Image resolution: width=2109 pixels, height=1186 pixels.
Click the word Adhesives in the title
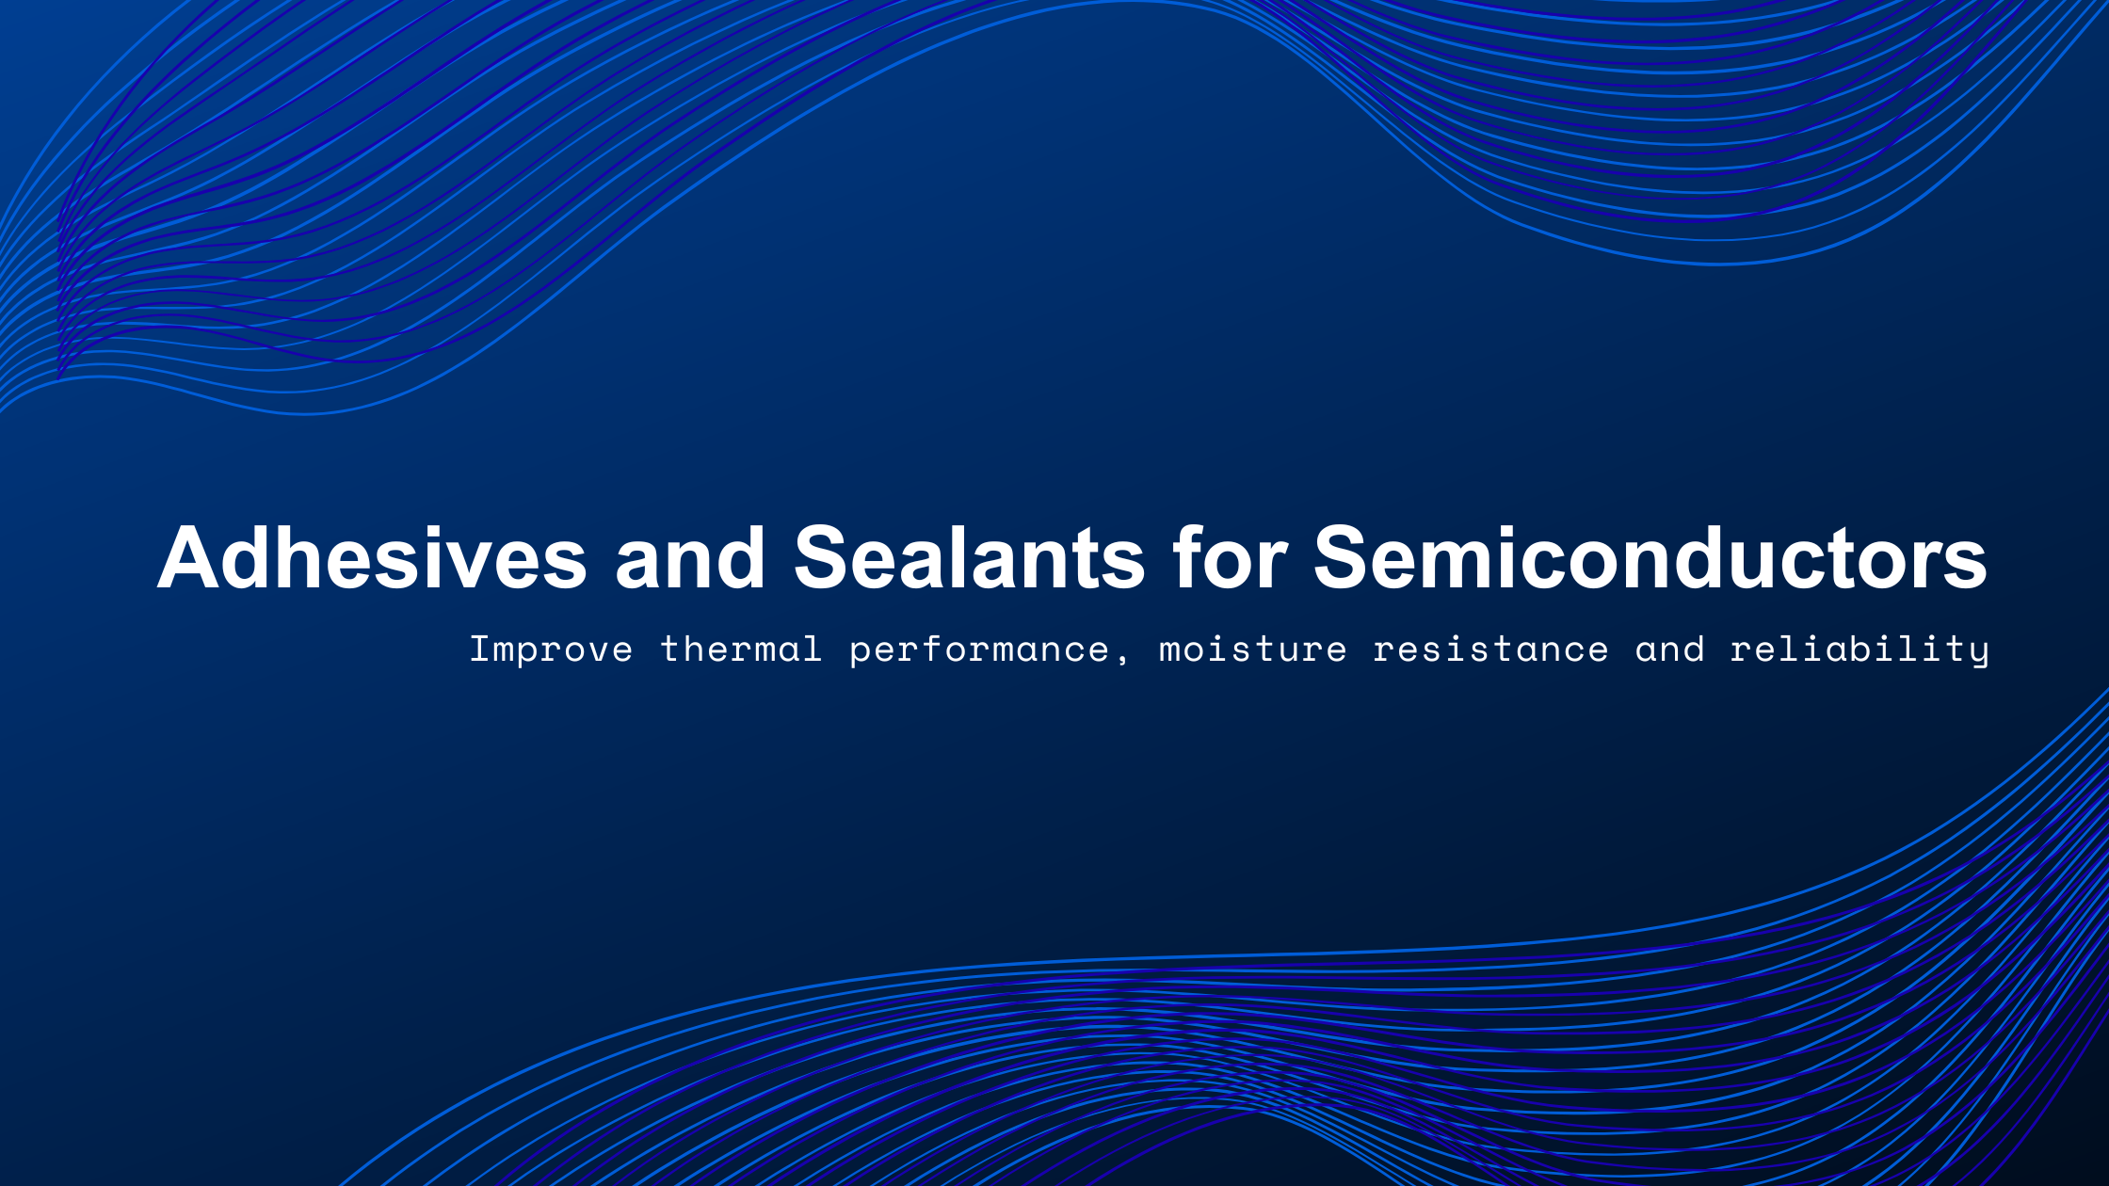tap(372, 558)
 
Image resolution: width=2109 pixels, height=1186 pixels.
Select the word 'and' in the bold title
tap(689, 558)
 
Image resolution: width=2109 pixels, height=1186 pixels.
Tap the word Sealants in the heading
tap(969, 558)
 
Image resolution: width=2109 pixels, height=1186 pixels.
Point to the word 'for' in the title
tap(1229, 558)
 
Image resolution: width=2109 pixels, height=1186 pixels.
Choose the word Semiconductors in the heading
tap(1650, 558)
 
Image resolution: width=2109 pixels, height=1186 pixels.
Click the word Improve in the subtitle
tap(551, 649)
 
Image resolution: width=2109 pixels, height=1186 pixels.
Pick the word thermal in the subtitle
tap(741, 649)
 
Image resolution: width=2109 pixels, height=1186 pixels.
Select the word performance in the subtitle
tap(979, 649)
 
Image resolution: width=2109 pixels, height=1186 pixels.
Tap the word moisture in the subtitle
tap(1252, 649)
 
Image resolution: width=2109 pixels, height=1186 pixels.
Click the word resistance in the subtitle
tap(1490, 649)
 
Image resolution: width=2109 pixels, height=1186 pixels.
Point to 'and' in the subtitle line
tap(1669, 649)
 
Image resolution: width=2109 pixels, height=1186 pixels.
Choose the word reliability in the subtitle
tap(1859, 649)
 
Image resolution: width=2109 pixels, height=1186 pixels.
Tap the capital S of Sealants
tap(823, 558)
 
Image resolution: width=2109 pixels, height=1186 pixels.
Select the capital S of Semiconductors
tap(1343, 558)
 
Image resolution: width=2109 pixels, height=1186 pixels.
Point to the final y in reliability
tap(1978, 652)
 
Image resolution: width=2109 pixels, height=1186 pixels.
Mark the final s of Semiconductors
tap(1966, 566)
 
